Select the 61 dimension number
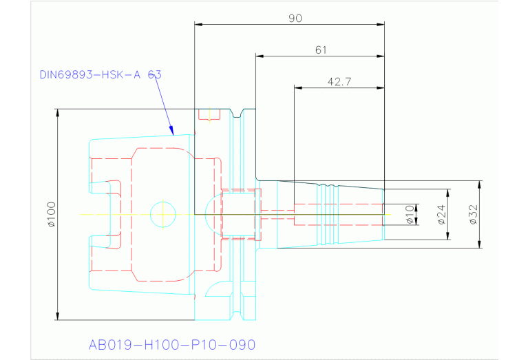tap(320, 50)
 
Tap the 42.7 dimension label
tap(339, 82)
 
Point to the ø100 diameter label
tap(50, 215)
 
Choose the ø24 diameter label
tap(441, 215)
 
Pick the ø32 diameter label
tap(473, 215)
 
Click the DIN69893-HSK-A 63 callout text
tap(101, 74)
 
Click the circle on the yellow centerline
tap(163, 214)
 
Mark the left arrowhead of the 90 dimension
tap(198, 25)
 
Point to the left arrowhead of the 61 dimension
tap(260, 56)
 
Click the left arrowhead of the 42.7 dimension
tap(298, 87)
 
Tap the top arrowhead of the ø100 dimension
tap(58, 112)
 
